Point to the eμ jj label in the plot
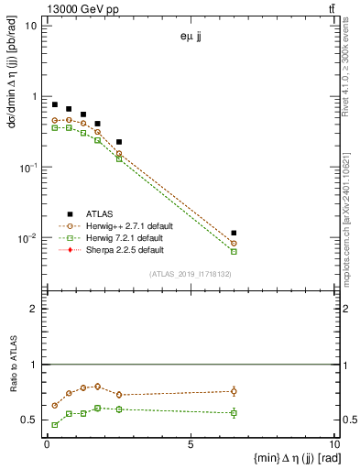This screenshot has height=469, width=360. pos(191,38)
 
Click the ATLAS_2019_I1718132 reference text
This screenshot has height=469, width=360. pos(190,274)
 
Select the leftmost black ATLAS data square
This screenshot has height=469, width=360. pos(55,104)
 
